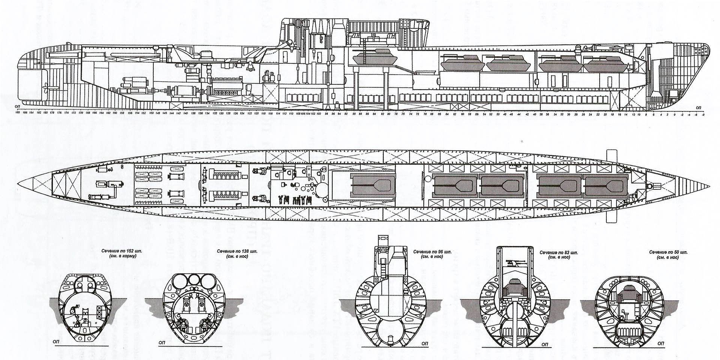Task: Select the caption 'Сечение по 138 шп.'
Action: tap(232, 251)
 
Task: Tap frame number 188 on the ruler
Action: tap(17, 112)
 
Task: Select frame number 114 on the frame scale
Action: tap(278, 112)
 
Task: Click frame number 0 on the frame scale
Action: tap(675, 112)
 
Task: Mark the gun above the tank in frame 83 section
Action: tap(514, 264)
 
